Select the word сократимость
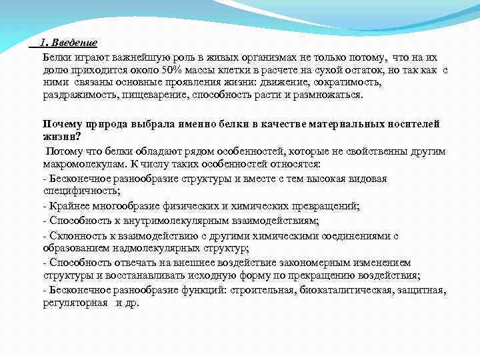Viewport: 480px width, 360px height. [347, 83]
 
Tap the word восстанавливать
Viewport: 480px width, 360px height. [171, 275]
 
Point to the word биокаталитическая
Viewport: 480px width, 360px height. [345, 291]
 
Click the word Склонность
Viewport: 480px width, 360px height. [75, 235]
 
